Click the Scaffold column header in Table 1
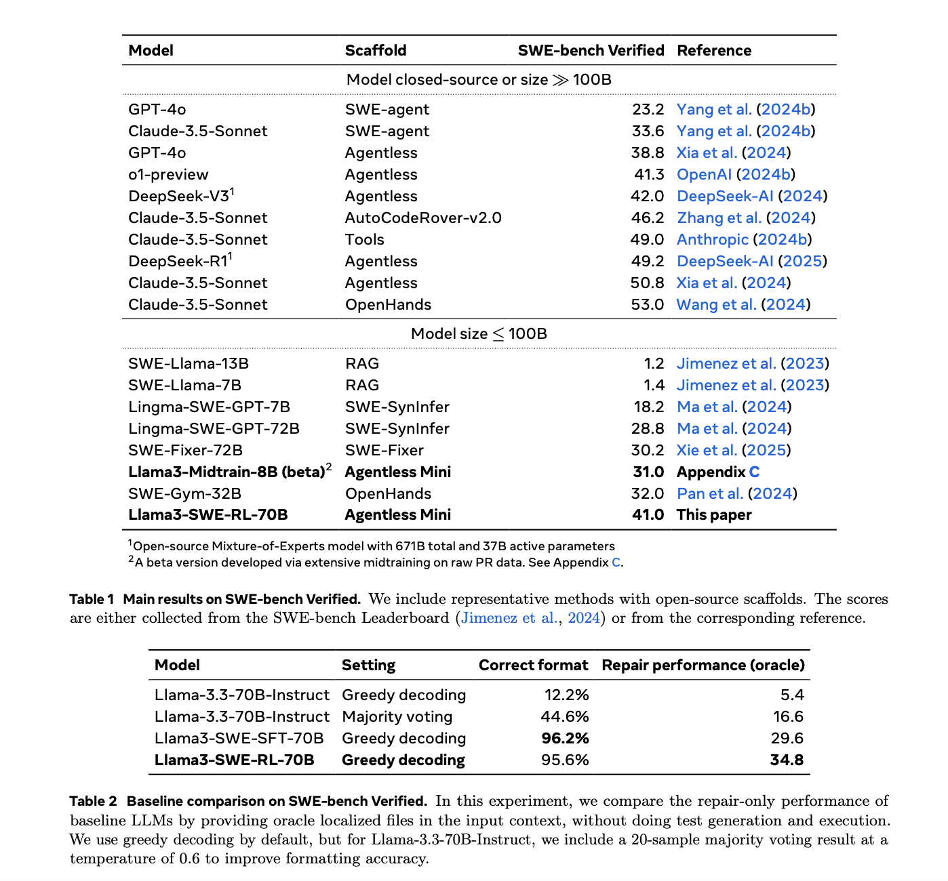[376, 51]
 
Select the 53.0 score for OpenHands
[647, 305]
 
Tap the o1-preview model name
[168, 175]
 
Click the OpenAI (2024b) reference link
[736, 175]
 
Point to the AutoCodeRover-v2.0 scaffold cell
[423, 218]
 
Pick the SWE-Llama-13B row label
[189, 364]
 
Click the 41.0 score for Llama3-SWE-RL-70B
[648, 515]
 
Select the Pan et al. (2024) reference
[736, 493]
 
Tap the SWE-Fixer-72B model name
[185, 451]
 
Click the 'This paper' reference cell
[714, 515]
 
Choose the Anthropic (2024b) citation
[744, 240]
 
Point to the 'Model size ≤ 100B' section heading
[479, 334]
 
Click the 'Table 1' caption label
[92, 599]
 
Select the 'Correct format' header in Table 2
[533, 665]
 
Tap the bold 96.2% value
[565, 739]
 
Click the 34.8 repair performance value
[787, 760]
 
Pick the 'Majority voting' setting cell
[397, 717]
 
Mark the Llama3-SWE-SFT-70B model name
[239, 739]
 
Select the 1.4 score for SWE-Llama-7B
[654, 386]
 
